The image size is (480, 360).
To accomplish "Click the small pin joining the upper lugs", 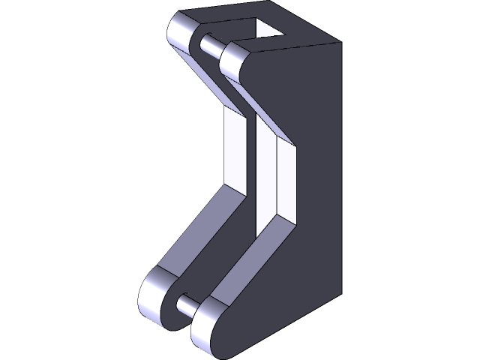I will (x=213, y=46).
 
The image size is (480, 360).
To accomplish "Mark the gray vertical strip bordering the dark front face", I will (x=289, y=180).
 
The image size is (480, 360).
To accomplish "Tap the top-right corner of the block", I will (x=342, y=43).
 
